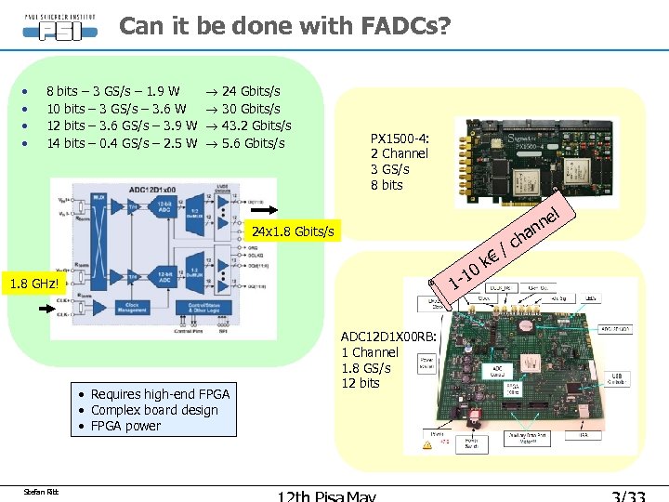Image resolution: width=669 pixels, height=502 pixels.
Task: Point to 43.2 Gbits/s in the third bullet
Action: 256,125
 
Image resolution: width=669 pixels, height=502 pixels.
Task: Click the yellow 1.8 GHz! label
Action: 33,284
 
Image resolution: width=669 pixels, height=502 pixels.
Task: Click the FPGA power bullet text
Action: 125,426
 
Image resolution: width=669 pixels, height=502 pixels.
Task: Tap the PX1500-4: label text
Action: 399,138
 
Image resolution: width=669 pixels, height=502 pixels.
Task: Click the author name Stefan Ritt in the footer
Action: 41,490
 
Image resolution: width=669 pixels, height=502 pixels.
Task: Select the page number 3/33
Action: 623,495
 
